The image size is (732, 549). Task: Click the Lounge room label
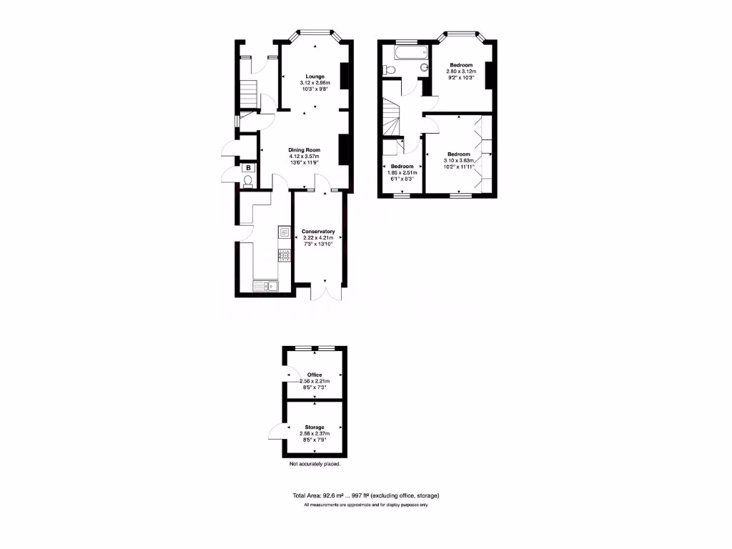[x=315, y=76]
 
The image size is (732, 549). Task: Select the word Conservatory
[x=318, y=232]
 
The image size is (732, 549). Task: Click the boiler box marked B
[x=248, y=168]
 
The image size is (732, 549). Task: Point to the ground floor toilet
[x=247, y=182]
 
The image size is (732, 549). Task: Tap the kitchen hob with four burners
[x=284, y=254]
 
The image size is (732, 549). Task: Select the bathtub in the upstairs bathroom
[x=404, y=51]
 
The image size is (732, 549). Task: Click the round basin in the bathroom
[x=424, y=69]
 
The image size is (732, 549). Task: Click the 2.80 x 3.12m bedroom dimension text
[x=461, y=71]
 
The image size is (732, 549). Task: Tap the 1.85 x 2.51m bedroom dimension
[x=402, y=172]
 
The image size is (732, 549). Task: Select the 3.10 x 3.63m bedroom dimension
[x=458, y=161]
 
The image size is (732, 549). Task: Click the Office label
[x=315, y=375]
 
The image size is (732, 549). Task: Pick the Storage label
[x=315, y=427]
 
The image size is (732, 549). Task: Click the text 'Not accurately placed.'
[x=315, y=464]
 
